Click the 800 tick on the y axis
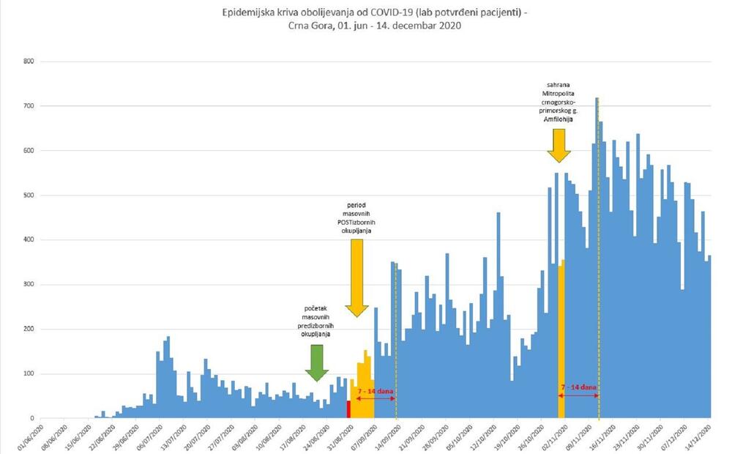[29, 62]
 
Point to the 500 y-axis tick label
[29, 196]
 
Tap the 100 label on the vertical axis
[29, 374]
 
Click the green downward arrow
[316, 362]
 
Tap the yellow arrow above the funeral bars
[559, 144]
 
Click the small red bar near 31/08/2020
[348, 409]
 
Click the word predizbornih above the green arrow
[316, 325]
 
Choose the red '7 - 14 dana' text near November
[578, 386]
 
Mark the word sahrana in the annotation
[559, 84]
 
